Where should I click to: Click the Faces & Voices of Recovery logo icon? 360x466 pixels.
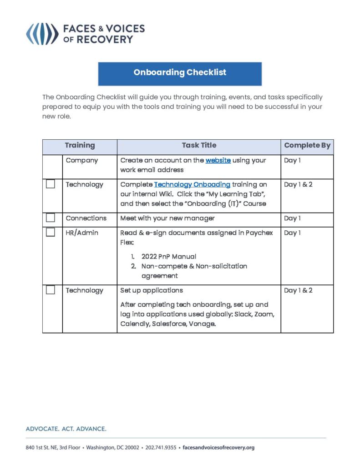(x=42, y=34)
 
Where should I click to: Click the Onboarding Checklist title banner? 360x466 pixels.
(x=180, y=73)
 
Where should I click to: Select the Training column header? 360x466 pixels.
(x=80, y=146)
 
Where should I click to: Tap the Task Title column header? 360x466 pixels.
(x=199, y=146)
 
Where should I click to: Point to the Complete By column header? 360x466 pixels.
(x=307, y=146)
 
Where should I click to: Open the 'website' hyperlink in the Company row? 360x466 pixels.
(x=218, y=161)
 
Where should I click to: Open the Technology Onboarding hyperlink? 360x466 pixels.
(x=192, y=185)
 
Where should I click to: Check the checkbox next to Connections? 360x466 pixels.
(x=51, y=218)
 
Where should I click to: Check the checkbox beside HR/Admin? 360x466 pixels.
(x=51, y=233)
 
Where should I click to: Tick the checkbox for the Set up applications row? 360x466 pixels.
(x=51, y=290)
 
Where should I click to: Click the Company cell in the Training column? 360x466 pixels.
(x=81, y=161)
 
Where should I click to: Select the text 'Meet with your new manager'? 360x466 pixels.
(x=167, y=218)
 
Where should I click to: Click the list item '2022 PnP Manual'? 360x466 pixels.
(x=168, y=257)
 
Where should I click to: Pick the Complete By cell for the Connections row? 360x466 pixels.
(x=292, y=218)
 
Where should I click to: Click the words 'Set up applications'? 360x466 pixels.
(x=151, y=290)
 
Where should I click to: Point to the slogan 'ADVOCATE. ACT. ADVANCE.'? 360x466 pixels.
(x=66, y=429)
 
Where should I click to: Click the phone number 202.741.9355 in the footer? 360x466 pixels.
(x=161, y=448)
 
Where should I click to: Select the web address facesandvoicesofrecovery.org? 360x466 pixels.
(x=218, y=448)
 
